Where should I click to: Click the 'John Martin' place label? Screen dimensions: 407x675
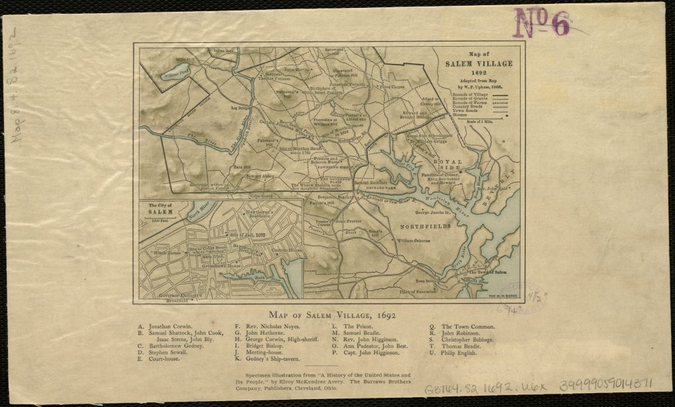tap(297, 69)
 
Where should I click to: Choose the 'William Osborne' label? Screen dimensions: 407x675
tap(414, 240)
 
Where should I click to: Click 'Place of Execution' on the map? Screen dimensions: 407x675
tap(418, 290)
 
